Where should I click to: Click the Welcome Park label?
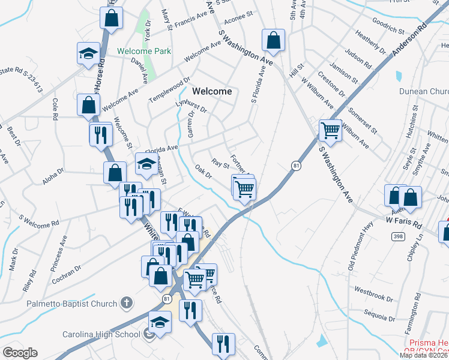pos(144,51)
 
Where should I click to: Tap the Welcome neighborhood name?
pos(212,91)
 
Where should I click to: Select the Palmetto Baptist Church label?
pos(71,304)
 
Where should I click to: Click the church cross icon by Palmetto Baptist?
pos(126,302)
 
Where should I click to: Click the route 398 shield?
pos(397,237)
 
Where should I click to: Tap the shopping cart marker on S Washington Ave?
pos(331,130)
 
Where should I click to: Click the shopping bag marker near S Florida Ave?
pos(273,40)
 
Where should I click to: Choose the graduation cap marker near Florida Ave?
pos(147,163)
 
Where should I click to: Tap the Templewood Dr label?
pos(170,89)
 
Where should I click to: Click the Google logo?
pos(20,353)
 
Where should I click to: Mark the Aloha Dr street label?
pos(52,175)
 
